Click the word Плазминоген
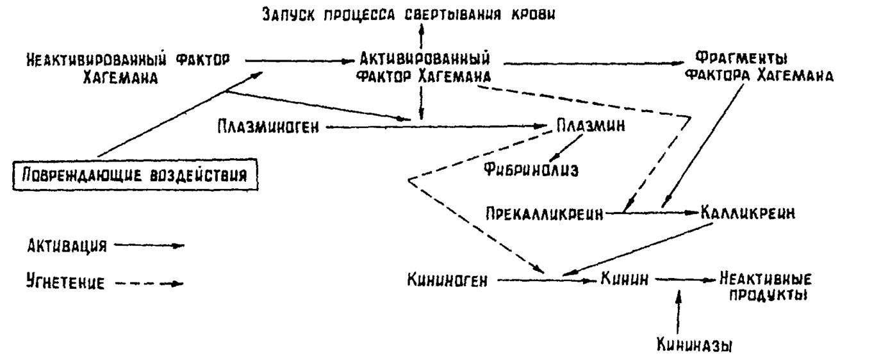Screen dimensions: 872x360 (268, 127)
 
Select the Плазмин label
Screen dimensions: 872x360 (591, 126)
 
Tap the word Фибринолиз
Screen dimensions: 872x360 (531, 170)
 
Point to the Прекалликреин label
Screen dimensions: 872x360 (544, 214)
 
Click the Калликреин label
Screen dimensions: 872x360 (748, 213)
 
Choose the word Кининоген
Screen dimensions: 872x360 (447, 280)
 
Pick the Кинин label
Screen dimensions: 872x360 (625, 279)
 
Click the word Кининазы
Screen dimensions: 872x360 (695, 345)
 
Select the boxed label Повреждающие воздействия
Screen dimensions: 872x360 (135, 175)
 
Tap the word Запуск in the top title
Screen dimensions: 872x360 (288, 15)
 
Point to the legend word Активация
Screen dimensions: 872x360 (67, 246)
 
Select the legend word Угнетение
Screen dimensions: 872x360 (65, 282)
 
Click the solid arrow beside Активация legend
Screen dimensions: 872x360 (149, 245)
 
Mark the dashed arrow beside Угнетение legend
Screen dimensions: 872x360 (149, 283)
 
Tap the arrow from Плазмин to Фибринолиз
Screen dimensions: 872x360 (566, 147)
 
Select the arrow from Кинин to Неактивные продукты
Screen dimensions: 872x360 (685, 279)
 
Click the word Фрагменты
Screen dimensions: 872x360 (741, 59)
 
